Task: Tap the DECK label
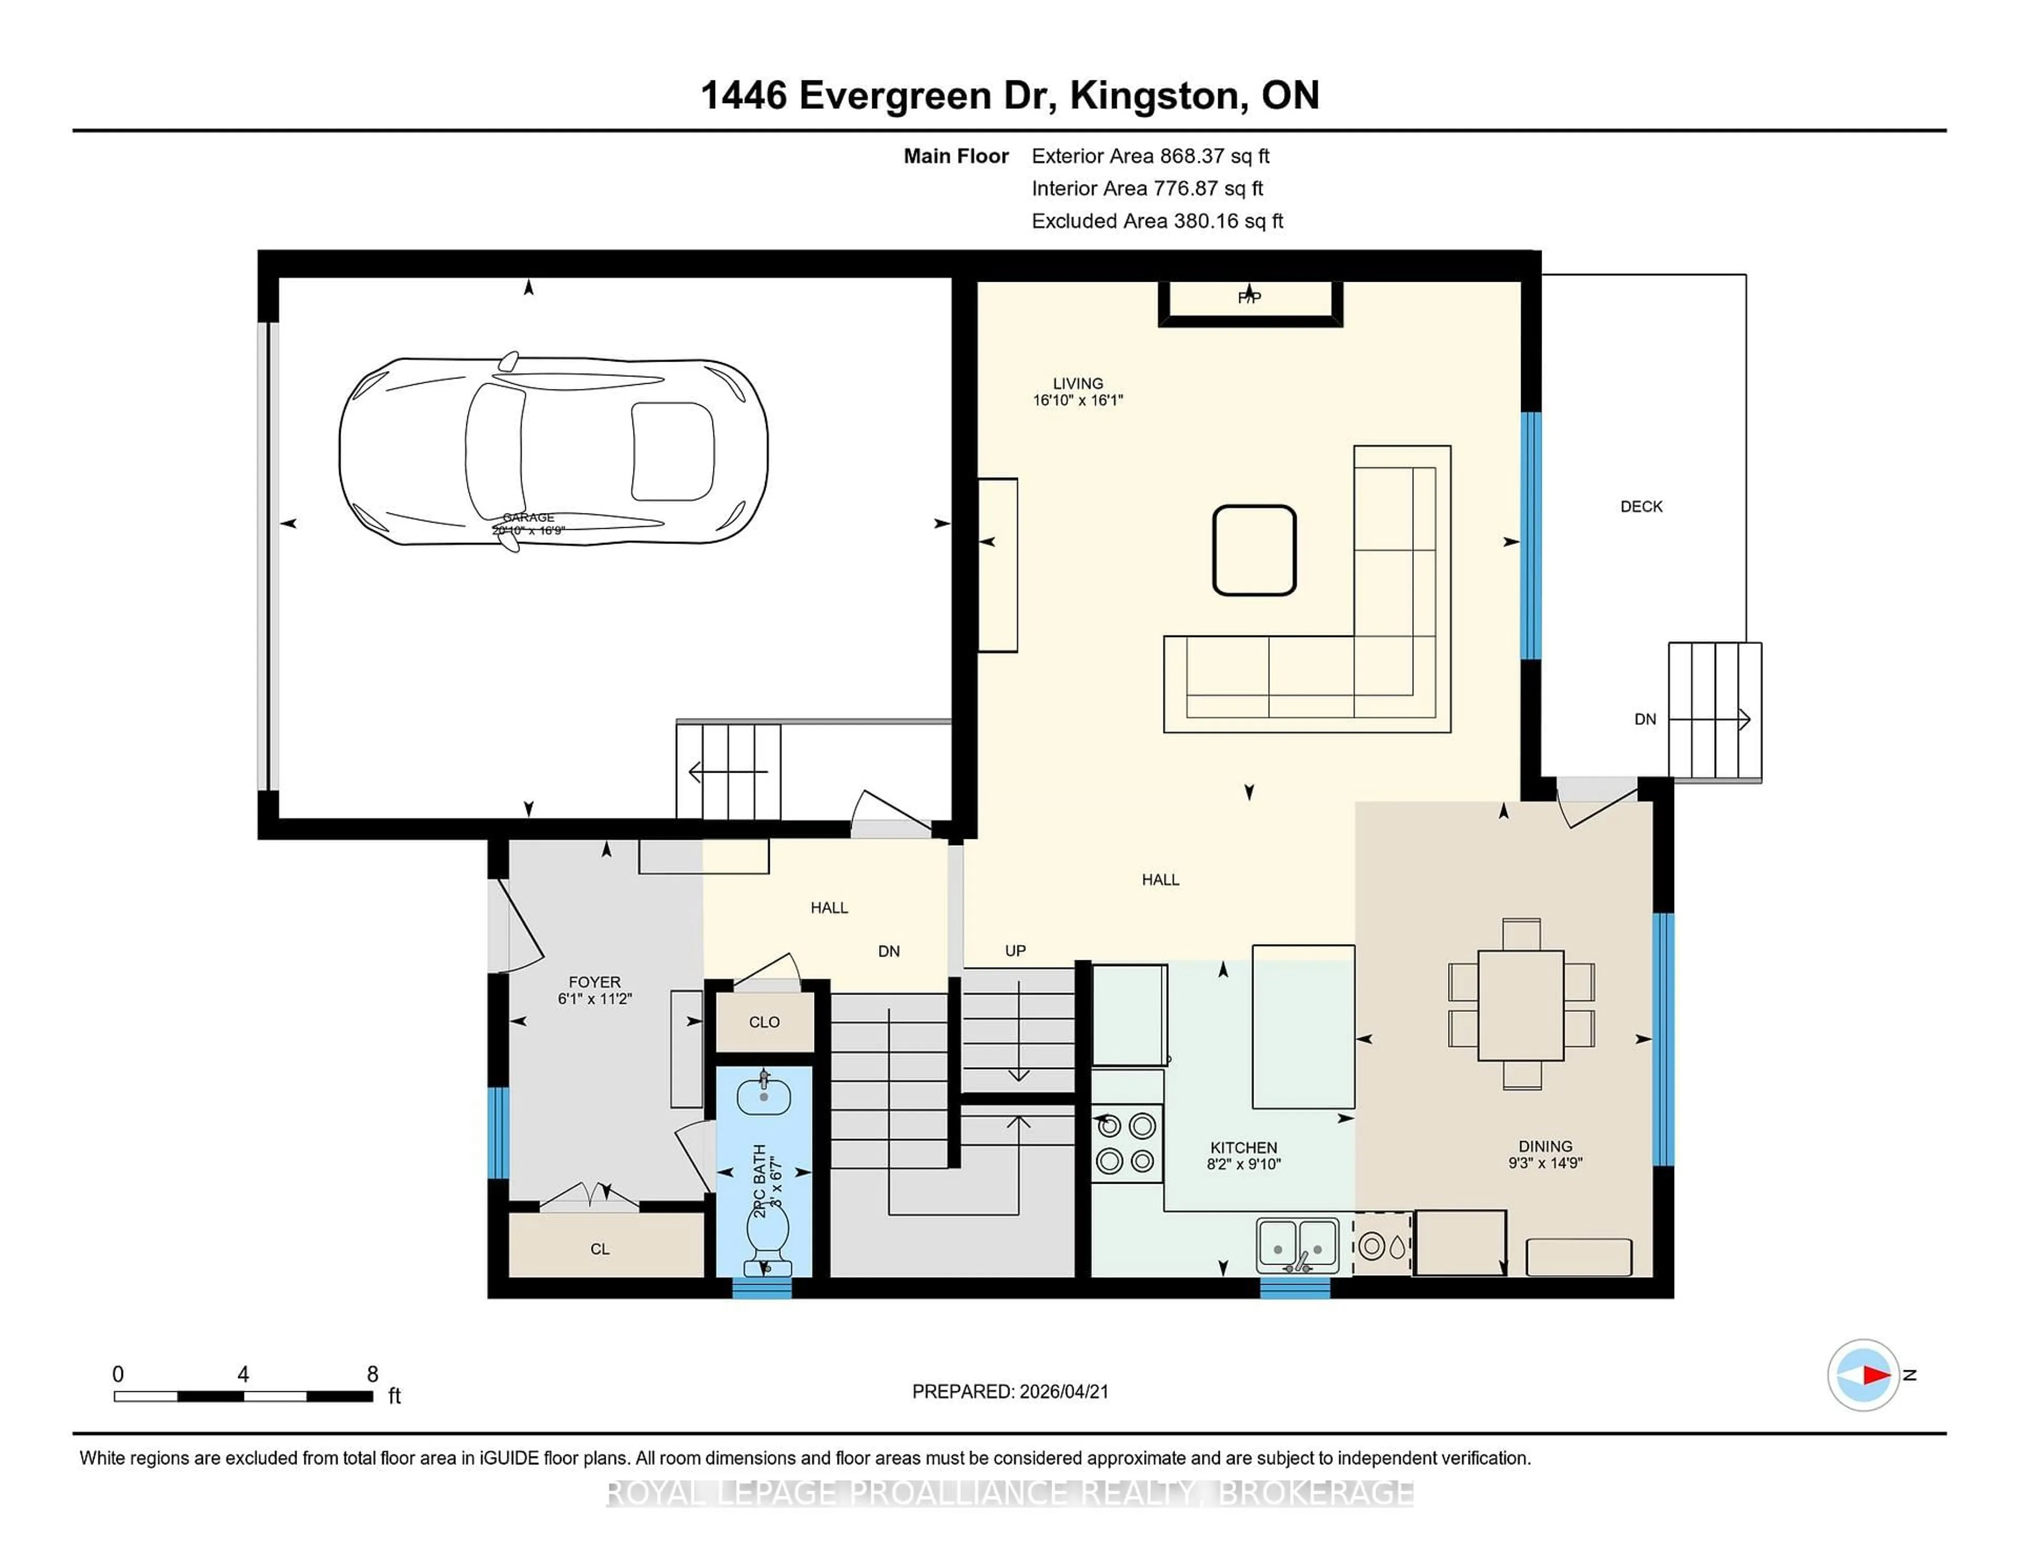tap(1641, 507)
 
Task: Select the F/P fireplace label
tap(1249, 297)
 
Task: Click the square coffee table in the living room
tap(1253, 550)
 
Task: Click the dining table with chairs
tap(1521, 1004)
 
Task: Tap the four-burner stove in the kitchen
tap(1126, 1143)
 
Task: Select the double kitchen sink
tap(1297, 1244)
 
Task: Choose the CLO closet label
tap(763, 1022)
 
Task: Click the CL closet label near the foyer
tap(600, 1248)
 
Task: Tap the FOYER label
tap(595, 981)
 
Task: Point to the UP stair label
tap(1015, 950)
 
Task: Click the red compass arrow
tap(1875, 1375)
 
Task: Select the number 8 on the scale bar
tap(373, 1374)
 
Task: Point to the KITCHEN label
tap(1243, 1147)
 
